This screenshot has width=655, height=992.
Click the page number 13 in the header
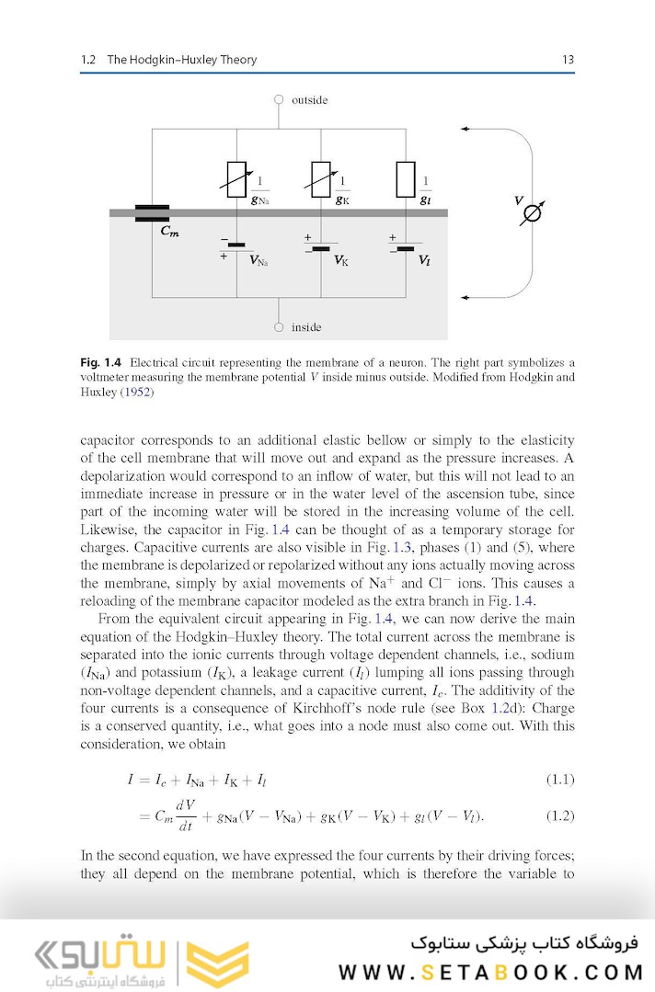(x=568, y=60)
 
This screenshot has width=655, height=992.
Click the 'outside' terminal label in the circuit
(x=309, y=99)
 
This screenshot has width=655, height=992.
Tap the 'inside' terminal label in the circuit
(x=306, y=327)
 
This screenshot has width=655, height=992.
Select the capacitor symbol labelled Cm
(x=152, y=213)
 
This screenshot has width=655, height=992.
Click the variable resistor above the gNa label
(x=236, y=179)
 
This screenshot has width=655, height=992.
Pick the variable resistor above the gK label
(x=321, y=179)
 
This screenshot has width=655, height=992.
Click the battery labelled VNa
(x=237, y=245)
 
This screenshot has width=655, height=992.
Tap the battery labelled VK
(x=321, y=247)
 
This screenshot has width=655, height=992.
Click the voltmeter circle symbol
(x=532, y=213)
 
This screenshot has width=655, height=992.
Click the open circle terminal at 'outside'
(x=279, y=99)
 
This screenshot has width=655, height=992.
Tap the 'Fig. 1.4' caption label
(x=100, y=362)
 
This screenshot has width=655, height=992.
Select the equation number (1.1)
(x=559, y=780)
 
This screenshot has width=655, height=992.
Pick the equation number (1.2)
(x=559, y=815)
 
